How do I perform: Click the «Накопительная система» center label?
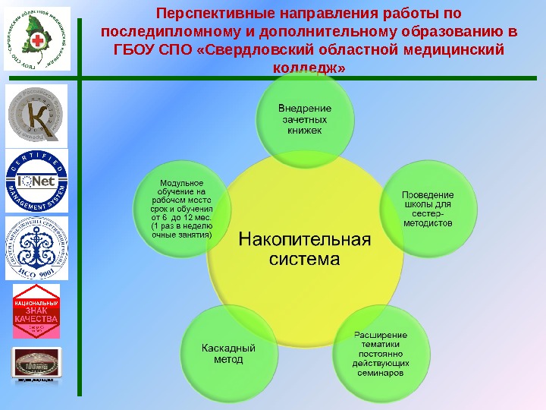point(306,249)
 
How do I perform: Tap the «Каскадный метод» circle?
point(228,352)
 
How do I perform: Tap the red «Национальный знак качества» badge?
point(36,314)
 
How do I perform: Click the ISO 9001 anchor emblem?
point(37,249)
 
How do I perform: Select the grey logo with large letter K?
point(37,115)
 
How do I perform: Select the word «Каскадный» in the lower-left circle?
point(228,348)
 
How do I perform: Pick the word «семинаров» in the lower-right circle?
point(382,374)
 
